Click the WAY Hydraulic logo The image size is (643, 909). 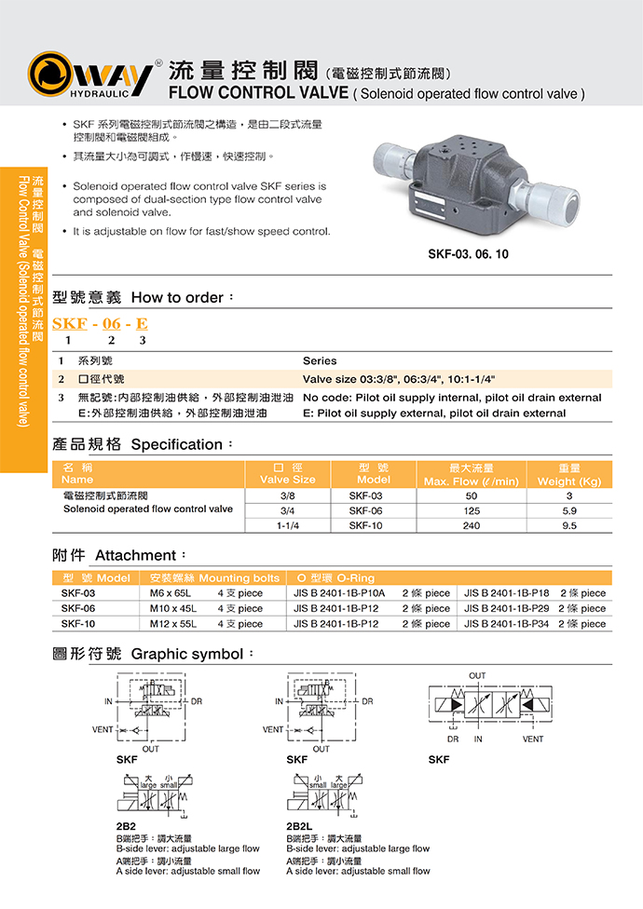click(90, 75)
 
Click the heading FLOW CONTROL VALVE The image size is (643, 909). click(257, 93)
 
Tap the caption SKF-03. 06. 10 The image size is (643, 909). click(468, 253)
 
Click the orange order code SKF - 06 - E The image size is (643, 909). click(100, 324)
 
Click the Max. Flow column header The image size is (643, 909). click(471, 474)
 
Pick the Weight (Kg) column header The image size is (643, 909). click(569, 474)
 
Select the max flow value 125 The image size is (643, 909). click(471, 510)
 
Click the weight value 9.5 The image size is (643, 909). click(569, 525)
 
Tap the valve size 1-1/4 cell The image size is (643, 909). click(287, 525)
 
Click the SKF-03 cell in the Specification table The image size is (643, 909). click(365, 495)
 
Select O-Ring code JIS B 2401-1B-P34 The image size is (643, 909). click(507, 624)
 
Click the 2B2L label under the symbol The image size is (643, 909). click(298, 825)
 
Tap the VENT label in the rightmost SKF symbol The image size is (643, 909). click(532, 739)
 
